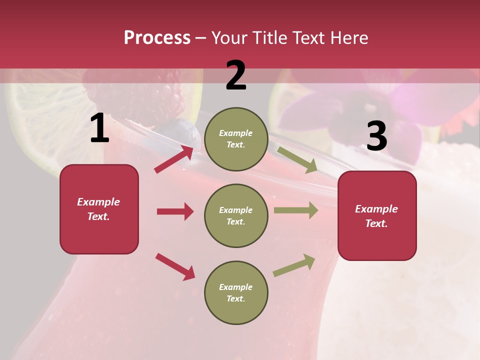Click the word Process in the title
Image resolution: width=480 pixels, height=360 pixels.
tap(157, 37)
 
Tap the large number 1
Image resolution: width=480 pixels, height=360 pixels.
tap(99, 128)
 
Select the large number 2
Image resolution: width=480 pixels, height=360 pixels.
tap(236, 75)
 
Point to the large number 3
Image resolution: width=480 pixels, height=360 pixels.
tap(376, 136)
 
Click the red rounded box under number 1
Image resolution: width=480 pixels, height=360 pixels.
tap(99, 209)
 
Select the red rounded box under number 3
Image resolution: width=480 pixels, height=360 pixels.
tap(377, 215)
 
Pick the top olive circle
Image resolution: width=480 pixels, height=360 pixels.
tap(236, 139)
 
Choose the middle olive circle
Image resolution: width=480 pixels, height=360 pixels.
tap(236, 215)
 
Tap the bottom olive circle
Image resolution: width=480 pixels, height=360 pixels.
tap(236, 292)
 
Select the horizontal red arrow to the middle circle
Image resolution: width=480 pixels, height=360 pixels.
tap(175, 211)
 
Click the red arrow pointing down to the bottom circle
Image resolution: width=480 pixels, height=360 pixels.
tap(175, 266)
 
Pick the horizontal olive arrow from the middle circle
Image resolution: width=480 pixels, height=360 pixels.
tap(296, 210)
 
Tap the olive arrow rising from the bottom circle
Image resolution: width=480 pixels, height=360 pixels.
tap(294, 265)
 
